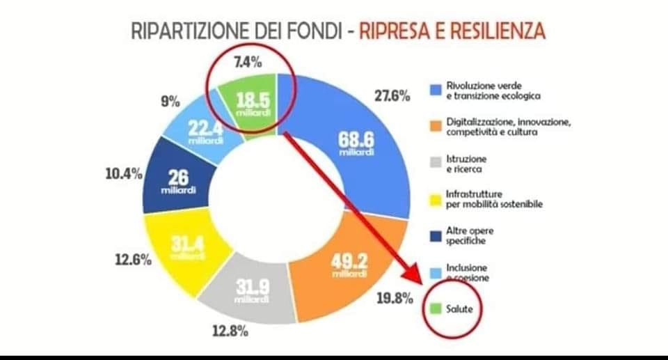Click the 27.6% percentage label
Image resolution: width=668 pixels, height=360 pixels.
392,96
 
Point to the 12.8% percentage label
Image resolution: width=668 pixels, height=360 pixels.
230,331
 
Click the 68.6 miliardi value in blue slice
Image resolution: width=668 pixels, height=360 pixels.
357,142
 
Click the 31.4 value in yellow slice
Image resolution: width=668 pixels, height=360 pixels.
186,246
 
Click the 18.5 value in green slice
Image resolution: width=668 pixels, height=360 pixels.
253,102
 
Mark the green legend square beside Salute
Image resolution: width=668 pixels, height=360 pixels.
434,308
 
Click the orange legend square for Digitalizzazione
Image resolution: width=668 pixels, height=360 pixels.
434,125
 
